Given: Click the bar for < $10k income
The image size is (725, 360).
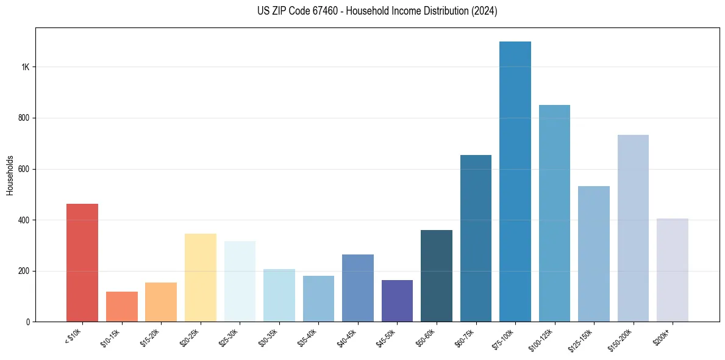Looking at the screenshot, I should pos(82,262).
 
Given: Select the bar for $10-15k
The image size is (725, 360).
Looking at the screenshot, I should pos(122,306).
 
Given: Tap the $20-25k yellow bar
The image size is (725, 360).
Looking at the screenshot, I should pos(201,277).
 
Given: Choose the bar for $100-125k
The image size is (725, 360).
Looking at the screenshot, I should pos(554,213).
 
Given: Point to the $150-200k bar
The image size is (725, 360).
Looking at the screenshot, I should pos(633,228).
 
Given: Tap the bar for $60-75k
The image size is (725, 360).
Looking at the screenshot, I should pos(476,238).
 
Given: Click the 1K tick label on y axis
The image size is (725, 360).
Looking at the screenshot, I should pos(26,67).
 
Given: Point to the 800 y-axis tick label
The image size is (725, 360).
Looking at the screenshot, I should pos(24,118).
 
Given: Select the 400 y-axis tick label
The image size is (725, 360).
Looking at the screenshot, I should pos(24,220).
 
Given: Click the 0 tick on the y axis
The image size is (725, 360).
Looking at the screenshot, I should pos(28,322).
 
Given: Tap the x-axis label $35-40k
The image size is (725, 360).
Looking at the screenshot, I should pos(309,337).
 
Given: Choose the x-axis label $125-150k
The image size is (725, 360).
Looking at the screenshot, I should pos(584,339).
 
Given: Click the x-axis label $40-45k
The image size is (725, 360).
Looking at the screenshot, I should pos(348,337).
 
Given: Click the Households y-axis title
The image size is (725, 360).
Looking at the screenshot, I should pos(10,175).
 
